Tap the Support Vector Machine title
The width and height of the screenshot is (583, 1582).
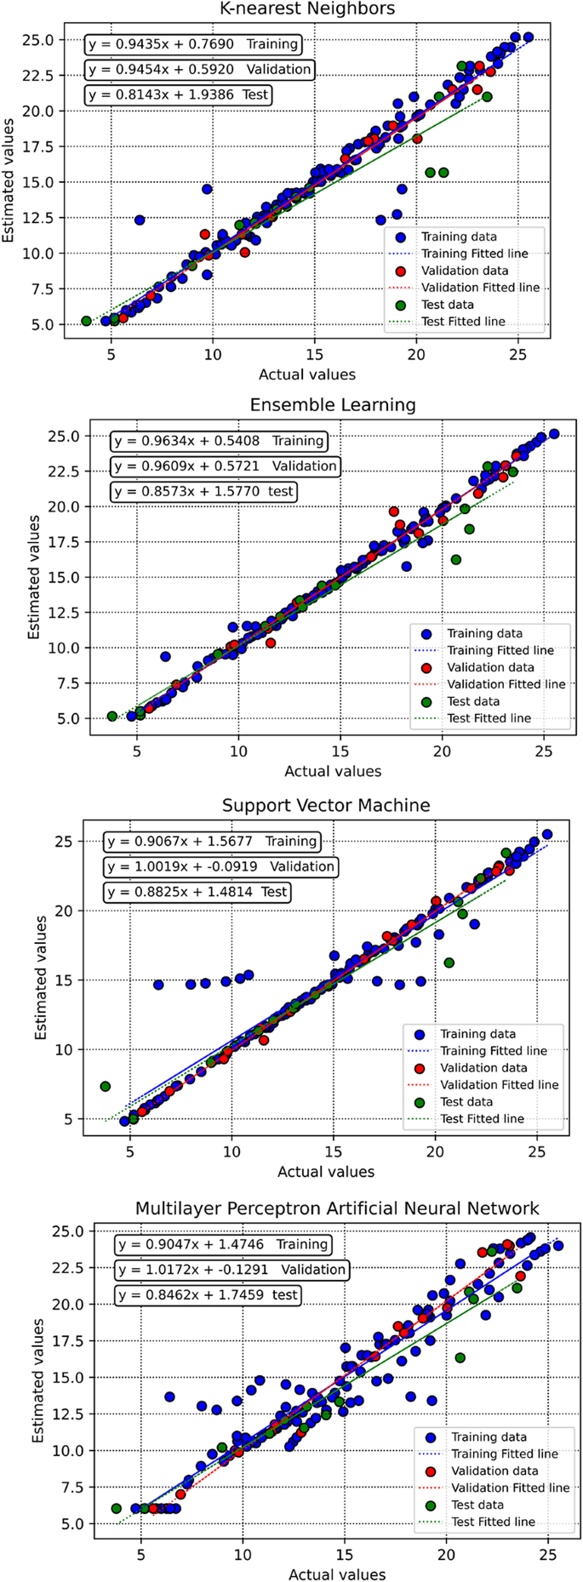pos(326,805)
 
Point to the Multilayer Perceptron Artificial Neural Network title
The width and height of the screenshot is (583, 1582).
pos(337,1208)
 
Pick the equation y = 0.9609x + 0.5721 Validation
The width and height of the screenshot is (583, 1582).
pos(225,466)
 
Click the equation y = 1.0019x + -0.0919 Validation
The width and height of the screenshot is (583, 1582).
pos(220,866)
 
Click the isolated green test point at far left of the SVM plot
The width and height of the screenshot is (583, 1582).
pos(106,1087)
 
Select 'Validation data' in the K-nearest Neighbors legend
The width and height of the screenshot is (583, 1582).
pos(459,271)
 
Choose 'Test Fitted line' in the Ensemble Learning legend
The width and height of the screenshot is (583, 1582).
pos(489,718)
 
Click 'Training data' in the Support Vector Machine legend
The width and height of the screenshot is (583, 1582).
pos(477,1034)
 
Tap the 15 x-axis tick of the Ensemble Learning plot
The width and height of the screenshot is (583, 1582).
pos(340,752)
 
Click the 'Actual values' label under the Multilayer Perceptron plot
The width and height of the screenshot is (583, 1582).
pos(337,1574)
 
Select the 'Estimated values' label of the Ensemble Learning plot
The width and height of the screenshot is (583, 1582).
pos(33,578)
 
